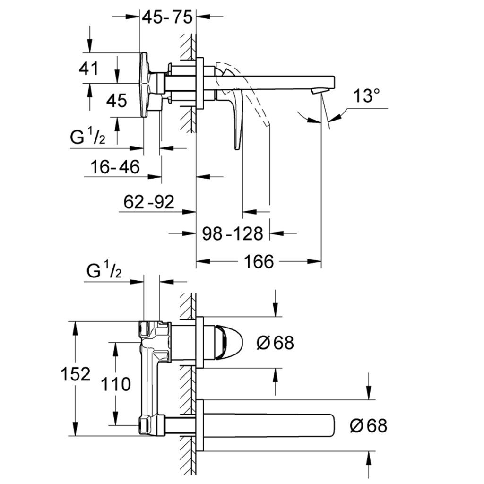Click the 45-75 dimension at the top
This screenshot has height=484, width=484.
click(x=168, y=17)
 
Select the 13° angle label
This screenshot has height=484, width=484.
click(x=368, y=96)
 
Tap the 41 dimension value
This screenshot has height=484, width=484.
click(x=89, y=69)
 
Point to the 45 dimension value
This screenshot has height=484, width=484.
click(x=116, y=100)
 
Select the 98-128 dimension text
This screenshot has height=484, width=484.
click(x=233, y=233)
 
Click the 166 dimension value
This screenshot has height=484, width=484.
click(x=259, y=261)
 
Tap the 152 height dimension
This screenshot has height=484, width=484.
click(x=75, y=374)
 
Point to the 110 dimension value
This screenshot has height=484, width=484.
click(x=116, y=384)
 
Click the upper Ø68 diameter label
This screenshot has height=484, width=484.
click(x=275, y=343)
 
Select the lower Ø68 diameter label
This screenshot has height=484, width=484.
click(x=368, y=426)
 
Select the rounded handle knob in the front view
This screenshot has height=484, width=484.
click(x=229, y=342)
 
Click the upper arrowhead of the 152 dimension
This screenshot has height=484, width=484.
click(x=75, y=326)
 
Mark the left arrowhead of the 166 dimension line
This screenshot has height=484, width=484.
click(x=200, y=261)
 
